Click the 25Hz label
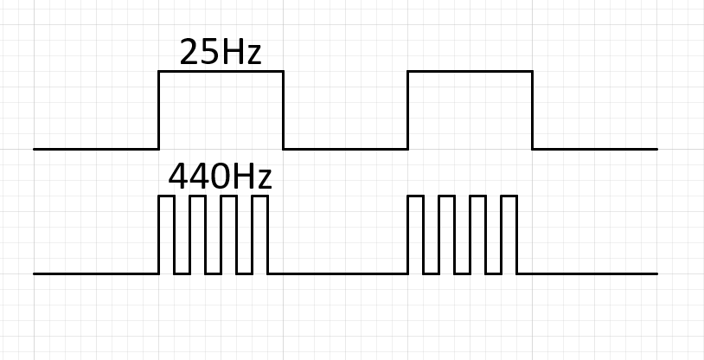coord(220,54)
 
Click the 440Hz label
coord(220,177)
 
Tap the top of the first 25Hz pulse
coord(221,72)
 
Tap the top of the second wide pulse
coord(470,72)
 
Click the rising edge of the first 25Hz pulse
coord(158,110)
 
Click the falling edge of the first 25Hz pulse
coord(283,110)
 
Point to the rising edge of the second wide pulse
coord(407,110)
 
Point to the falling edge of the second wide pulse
coord(532,110)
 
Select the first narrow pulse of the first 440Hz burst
coord(166,197)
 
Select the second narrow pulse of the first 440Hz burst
coord(197,197)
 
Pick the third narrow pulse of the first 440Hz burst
coord(228,197)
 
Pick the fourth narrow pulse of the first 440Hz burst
coord(259,197)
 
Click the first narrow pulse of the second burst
coord(415,197)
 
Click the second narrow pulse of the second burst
coord(446,197)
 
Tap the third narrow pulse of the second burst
coord(477,197)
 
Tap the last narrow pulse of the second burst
coord(509,197)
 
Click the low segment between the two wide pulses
coord(345,149)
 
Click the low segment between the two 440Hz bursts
coord(337,273)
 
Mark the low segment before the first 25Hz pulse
coord(96,149)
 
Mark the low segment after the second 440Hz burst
coord(587,273)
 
